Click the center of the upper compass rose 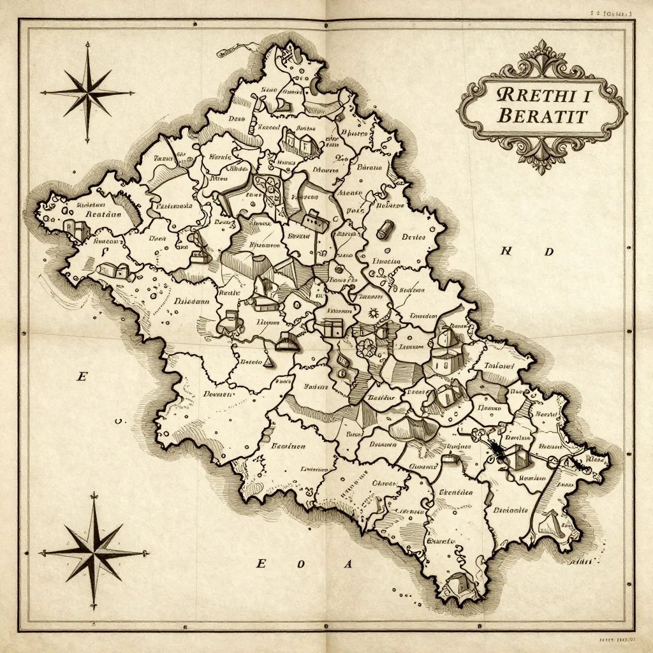(87, 93)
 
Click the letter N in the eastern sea (506, 251)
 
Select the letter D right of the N (548, 252)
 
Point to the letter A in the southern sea (348, 564)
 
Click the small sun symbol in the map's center (373, 314)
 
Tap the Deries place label (413, 237)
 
